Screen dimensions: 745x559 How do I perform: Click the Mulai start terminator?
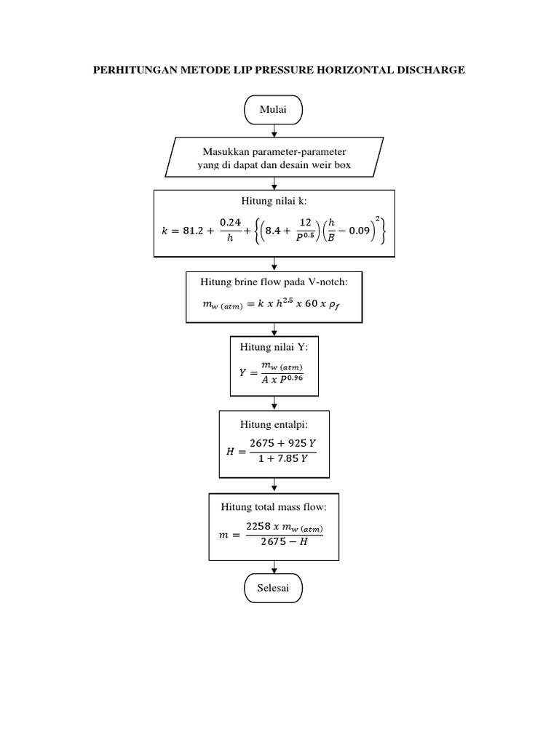(273, 110)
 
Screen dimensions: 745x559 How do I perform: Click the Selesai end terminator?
(273, 589)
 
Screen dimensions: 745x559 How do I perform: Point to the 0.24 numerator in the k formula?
(231, 223)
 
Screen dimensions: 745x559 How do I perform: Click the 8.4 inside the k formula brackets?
(279, 231)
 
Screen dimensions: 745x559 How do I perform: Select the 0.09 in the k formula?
(359, 231)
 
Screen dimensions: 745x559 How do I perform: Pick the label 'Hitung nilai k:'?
(274, 201)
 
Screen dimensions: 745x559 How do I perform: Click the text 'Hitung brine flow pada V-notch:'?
(274, 282)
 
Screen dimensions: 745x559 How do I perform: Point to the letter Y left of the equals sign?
(243, 373)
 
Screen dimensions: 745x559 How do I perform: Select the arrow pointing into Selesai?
(274, 569)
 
